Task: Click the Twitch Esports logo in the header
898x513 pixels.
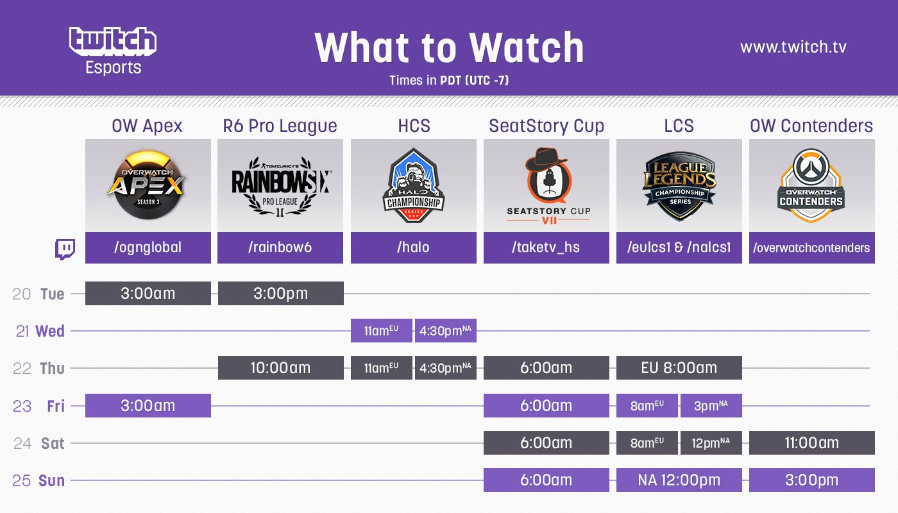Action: tap(113, 50)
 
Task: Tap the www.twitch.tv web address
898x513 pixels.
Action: tap(793, 47)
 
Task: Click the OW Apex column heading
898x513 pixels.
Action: tap(147, 126)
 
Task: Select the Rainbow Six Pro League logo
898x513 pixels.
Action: tap(280, 186)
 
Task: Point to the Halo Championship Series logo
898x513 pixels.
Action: tap(413, 186)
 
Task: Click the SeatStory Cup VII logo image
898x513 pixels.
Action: tap(546, 186)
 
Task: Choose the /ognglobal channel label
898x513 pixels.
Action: tap(148, 248)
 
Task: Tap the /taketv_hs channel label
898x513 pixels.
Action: tap(546, 248)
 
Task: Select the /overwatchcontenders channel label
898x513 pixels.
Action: tap(811, 248)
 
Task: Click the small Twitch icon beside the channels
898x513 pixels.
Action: tap(65, 249)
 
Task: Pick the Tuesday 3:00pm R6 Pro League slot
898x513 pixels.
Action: tap(280, 294)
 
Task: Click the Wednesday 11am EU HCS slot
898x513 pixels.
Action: tap(381, 331)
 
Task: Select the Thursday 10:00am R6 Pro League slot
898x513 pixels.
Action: tap(280, 368)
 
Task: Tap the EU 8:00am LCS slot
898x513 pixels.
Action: tap(679, 368)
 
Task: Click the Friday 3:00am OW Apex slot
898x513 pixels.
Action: tap(148, 405)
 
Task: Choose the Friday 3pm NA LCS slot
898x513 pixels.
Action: tap(711, 405)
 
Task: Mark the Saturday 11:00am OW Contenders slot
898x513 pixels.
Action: tap(811, 442)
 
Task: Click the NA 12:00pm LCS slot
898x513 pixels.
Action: tap(679, 480)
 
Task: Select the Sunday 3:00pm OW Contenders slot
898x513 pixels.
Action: tap(811, 480)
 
